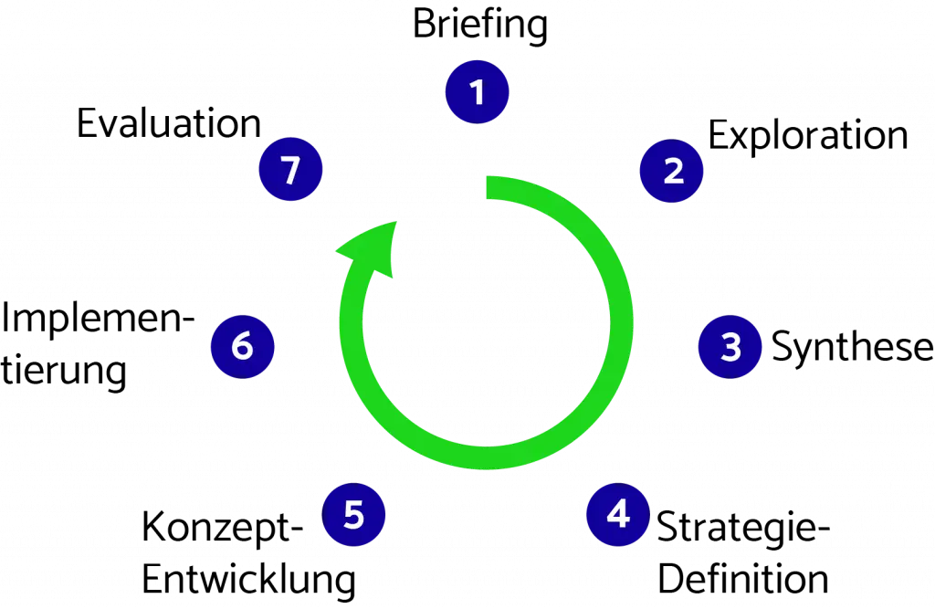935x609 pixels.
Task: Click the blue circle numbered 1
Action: [477, 92]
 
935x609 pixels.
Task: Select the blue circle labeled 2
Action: [672, 171]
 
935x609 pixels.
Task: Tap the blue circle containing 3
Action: [730, 347]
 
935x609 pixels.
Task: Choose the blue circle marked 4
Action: [618, 515]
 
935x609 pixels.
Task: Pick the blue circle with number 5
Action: [354, 515]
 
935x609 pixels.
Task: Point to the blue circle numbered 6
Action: [243, 347]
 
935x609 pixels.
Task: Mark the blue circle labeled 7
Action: [290, 171]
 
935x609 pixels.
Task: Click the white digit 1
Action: [476, 92]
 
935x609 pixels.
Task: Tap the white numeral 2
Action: [673, 171]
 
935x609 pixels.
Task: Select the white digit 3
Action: [730, 347]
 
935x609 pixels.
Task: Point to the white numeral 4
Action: [618, 515]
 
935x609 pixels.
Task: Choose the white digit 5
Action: [354, 515]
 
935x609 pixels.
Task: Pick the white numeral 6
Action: [242, 347]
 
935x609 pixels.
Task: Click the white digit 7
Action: [290, 171]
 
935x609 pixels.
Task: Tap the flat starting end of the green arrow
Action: [487, 187]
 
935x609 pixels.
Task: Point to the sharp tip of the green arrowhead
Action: [398, 220]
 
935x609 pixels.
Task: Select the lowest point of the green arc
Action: [487, 459]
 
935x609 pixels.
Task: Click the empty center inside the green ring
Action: [486, 324]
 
